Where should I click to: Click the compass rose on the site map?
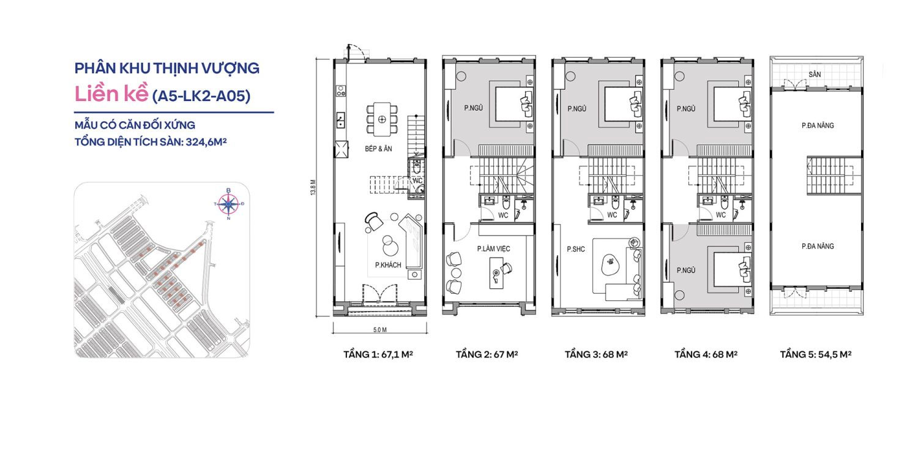click(x=228, y=204)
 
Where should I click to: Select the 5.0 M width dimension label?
click(x=380, y=330)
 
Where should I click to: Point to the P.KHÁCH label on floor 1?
click(x=388, y=265)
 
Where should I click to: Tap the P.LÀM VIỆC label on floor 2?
click(x=493, y=249)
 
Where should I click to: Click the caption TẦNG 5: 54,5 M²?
click(x=816, y=355)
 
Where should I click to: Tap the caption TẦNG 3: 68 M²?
click(x=596, y=355)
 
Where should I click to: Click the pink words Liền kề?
click(x=110, y=95)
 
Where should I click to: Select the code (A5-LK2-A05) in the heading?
click(x=201, y=95)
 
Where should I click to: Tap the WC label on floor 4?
click(x=720, y=215)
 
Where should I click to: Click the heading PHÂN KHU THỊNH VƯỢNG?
click(x=167, y=68)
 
